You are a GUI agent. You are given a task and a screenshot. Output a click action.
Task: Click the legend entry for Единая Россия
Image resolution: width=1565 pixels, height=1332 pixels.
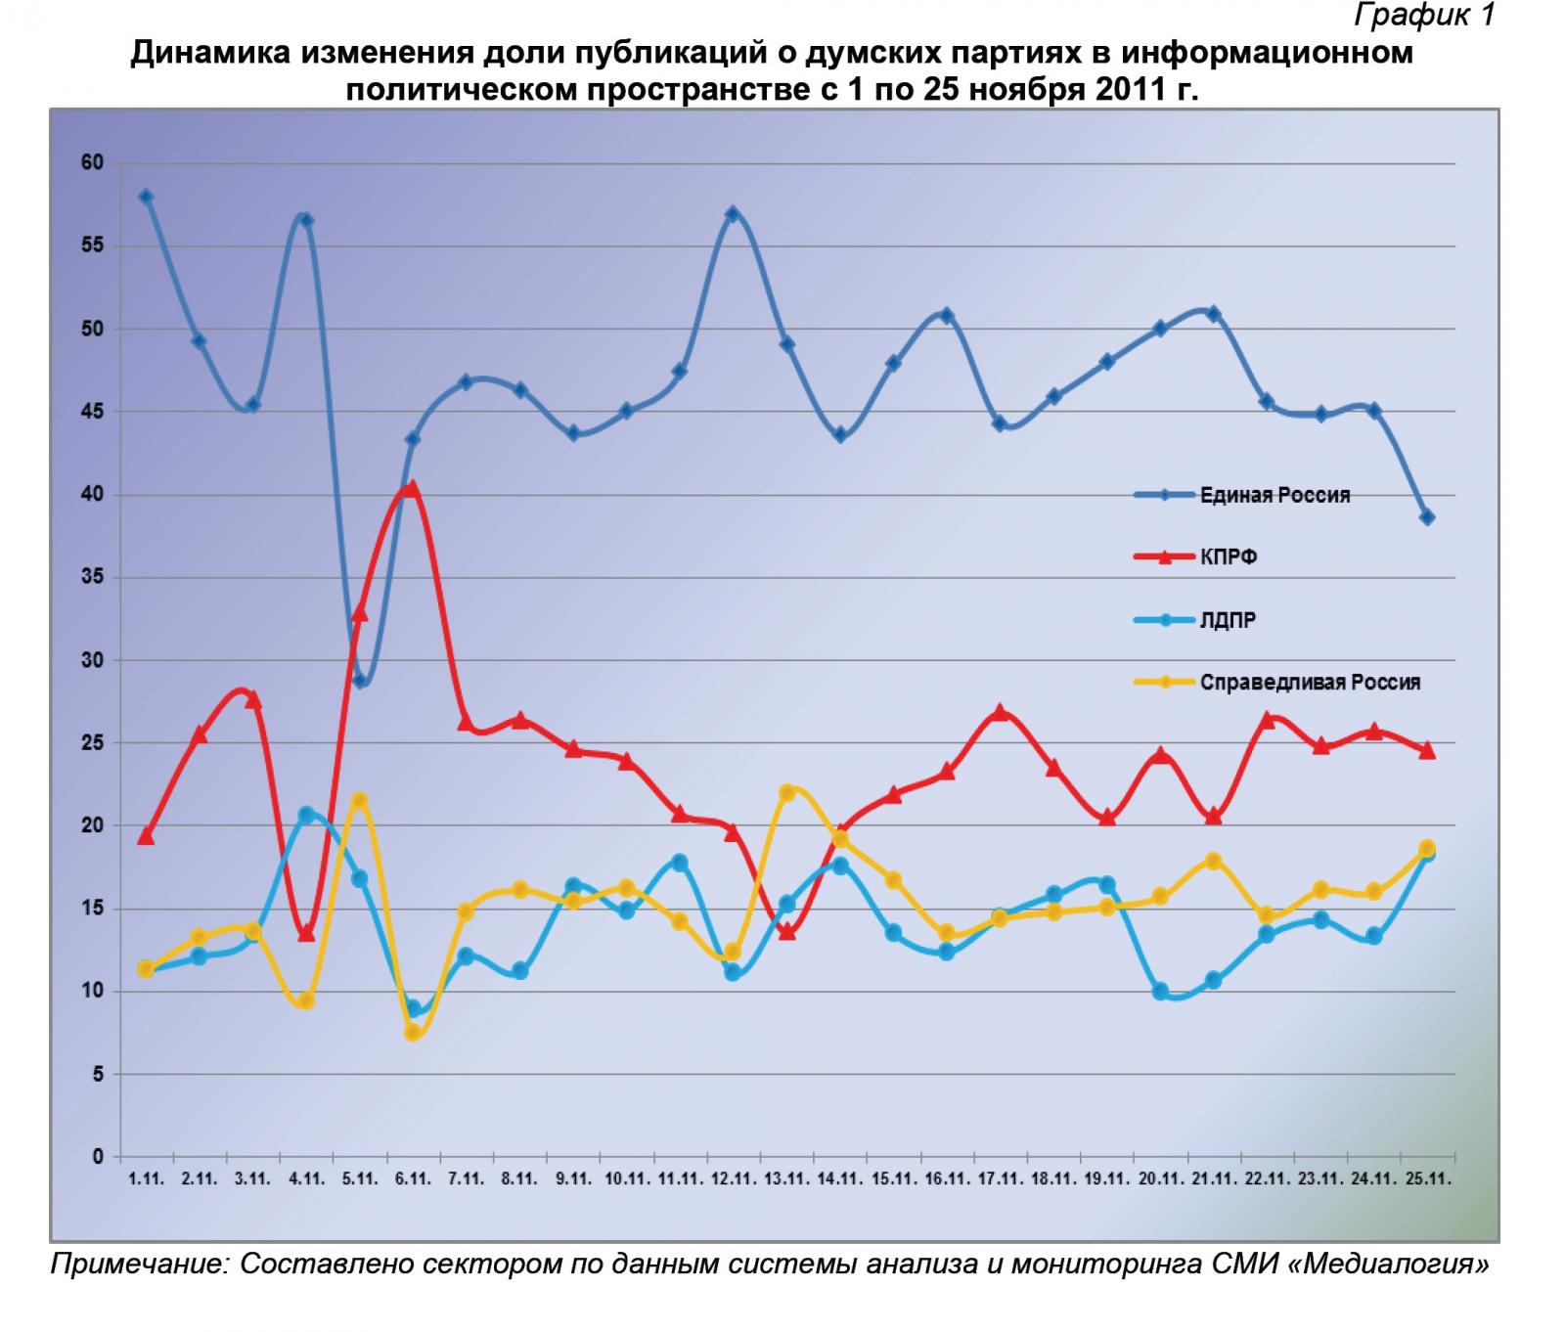click(1274, 495)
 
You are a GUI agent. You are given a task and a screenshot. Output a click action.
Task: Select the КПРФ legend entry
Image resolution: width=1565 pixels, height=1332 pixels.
click(1229, 557)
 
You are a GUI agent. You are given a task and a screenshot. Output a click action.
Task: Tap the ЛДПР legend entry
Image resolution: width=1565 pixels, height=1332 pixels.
click(1228, 620)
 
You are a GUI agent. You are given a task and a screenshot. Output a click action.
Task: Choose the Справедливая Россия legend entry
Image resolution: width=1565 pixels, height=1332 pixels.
click(1310, 683)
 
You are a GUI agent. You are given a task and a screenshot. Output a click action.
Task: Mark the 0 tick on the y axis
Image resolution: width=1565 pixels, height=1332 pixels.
click(98, 1157)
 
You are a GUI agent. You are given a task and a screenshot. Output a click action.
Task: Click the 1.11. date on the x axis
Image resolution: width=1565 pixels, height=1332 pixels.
click(146, 1180)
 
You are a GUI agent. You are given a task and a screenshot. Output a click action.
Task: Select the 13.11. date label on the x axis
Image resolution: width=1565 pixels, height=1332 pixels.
click(785, 1180)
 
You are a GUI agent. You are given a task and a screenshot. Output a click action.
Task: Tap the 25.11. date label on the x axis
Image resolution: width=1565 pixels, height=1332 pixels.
click(1426, 1180)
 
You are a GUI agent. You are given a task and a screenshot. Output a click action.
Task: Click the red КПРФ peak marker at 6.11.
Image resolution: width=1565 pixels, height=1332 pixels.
click(412, 488)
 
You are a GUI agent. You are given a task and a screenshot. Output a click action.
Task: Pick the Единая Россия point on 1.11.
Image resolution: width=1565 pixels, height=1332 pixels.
click(146, 197)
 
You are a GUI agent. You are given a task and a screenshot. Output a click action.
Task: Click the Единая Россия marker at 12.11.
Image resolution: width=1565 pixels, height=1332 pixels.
click(733, 213)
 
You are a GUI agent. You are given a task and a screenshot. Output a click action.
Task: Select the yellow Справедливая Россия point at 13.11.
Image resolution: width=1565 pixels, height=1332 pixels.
click(786, 792)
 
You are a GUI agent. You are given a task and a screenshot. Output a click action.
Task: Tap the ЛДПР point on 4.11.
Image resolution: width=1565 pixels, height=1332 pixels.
click(306, 815)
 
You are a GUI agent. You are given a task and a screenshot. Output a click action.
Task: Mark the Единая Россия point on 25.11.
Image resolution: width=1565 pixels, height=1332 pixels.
click(1427, 517)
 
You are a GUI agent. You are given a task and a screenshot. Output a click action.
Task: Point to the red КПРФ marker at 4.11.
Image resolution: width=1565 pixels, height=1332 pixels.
click(306, 933)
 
